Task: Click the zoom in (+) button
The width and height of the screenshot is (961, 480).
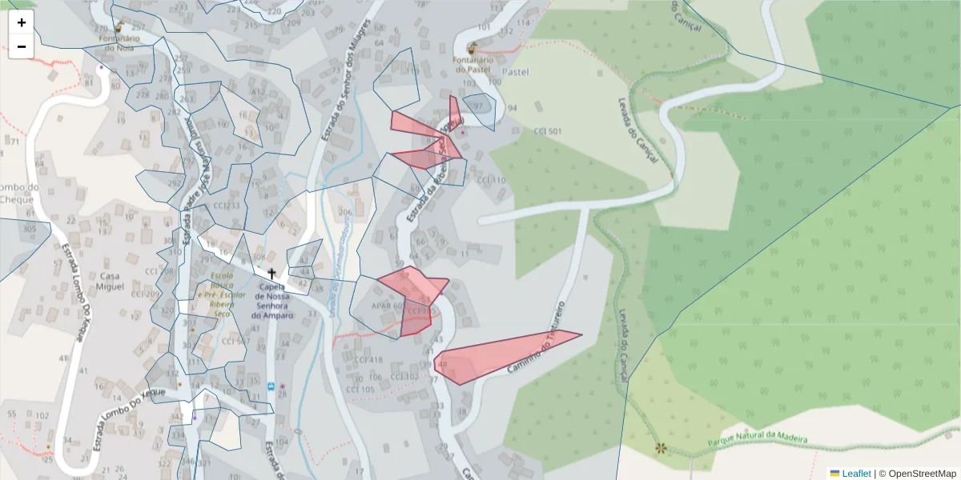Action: (x=22, y=22)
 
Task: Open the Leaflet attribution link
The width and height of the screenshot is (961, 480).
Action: (x=855, y=473)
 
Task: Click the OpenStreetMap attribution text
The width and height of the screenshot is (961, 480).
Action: (x=922, y=473)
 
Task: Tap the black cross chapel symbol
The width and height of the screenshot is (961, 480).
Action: (x=271, y=274)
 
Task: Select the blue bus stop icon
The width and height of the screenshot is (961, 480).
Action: (x=271, y=386)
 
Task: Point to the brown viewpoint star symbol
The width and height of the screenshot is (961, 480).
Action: (x=660, y=449)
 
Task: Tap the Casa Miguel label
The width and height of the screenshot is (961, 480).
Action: (x=110, y=281)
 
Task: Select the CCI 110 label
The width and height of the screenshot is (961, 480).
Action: (x=491, y=181)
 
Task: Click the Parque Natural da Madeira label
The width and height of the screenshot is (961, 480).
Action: (x=758, y=439)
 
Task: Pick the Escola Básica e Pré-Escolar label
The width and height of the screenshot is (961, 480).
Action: (x=216, y=291)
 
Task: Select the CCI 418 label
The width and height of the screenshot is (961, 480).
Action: (x=368, y=360)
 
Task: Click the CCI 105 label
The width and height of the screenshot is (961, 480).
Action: (x=360, y=389)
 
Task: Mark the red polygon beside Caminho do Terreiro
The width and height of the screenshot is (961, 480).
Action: (x=497, y=352)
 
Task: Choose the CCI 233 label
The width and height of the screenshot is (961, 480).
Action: (x=227, y=206)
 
